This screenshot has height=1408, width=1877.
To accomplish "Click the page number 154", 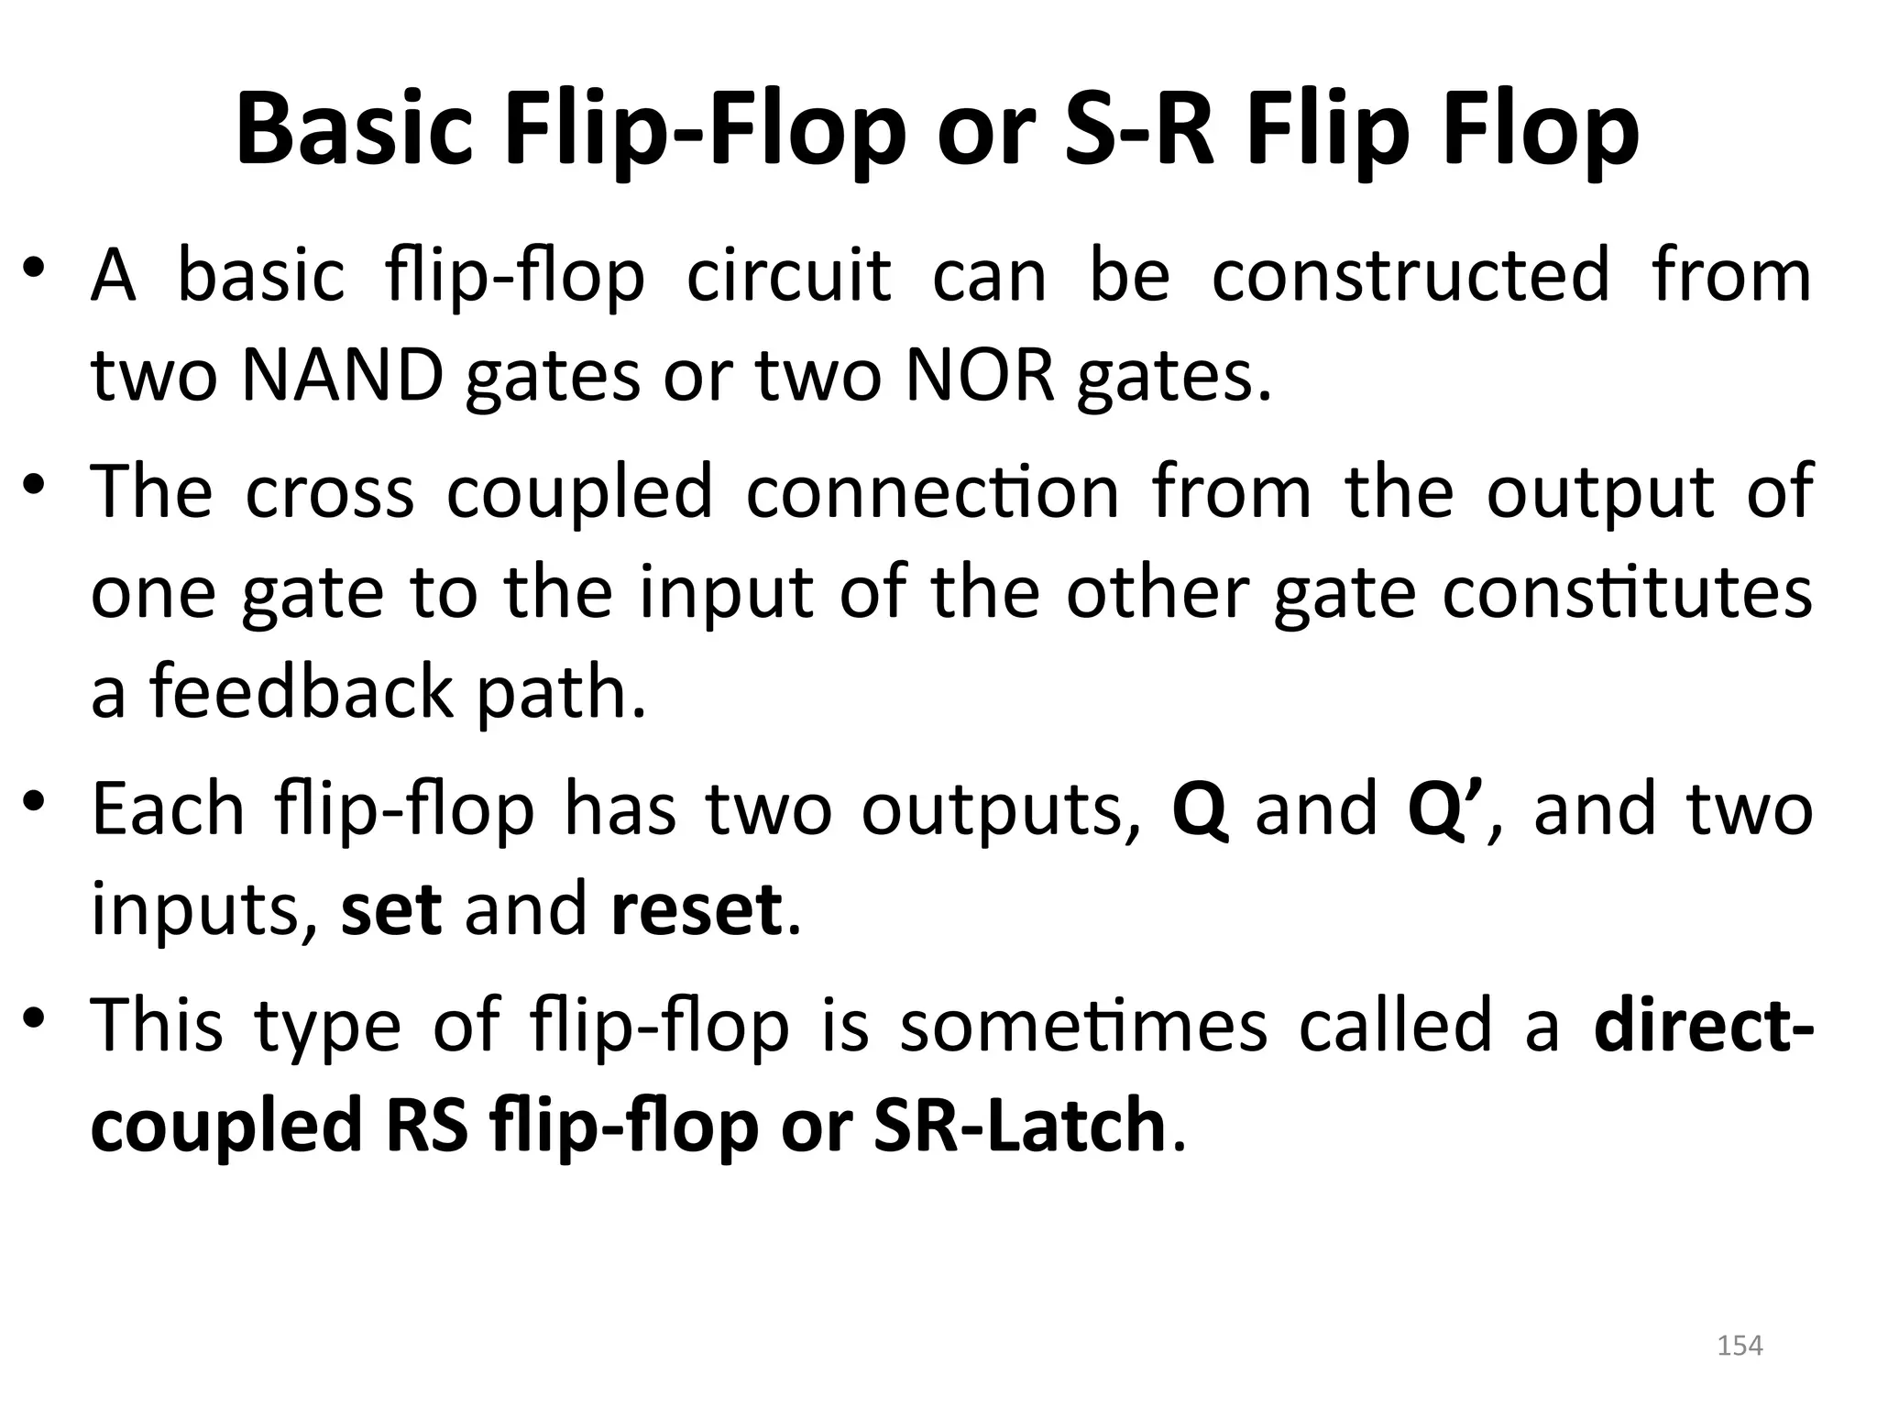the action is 1740,1346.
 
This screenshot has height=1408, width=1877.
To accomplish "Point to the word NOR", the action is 980,377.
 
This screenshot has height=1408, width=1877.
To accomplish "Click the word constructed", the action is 1410,275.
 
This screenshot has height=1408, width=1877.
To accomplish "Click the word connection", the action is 932,492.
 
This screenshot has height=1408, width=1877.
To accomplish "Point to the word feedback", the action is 302,691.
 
